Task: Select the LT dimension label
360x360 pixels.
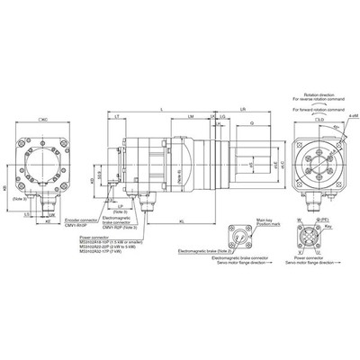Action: pos(119,118)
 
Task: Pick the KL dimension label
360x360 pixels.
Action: pos(184,219)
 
